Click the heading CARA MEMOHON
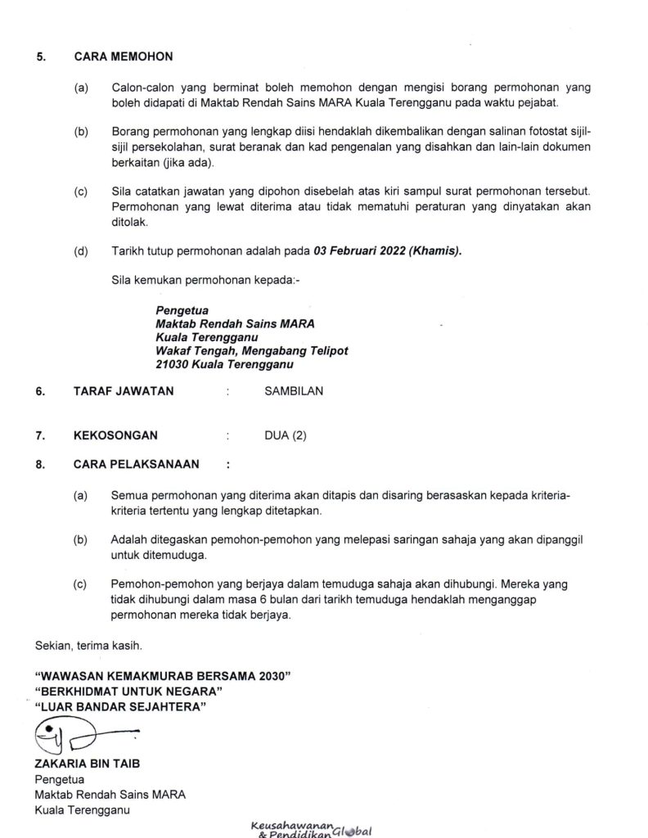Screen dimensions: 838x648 point(123,57)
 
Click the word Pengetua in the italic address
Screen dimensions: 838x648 point(182,311)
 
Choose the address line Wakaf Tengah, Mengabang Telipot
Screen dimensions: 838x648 point(251,350)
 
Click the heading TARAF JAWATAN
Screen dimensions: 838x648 point(124,391)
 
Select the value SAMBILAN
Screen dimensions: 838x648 point(294,391)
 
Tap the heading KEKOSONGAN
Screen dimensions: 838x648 point(115,435)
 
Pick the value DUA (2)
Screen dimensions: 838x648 point(286,435)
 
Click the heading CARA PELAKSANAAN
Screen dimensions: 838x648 point(137,464)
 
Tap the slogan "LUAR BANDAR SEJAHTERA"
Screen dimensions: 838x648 point(122,706)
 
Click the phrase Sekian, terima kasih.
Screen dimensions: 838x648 point(88,646)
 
